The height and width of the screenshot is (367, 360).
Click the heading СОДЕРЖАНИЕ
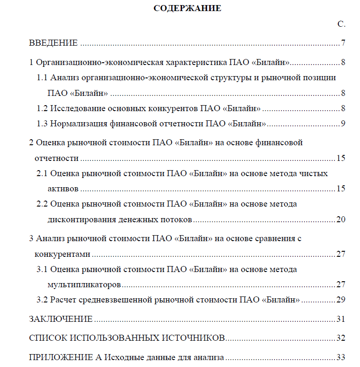[187, 8]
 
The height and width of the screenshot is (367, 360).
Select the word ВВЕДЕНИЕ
[53, 43]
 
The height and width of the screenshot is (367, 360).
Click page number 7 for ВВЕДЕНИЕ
[343, 43]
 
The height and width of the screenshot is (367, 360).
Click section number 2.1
[42, 173]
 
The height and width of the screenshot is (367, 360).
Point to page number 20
[341, 219]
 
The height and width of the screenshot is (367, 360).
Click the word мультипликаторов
[84, 284]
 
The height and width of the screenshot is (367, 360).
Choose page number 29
[341, 300]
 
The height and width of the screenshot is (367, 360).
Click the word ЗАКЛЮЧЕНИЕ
[61, 319]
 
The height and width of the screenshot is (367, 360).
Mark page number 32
[341, 338]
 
